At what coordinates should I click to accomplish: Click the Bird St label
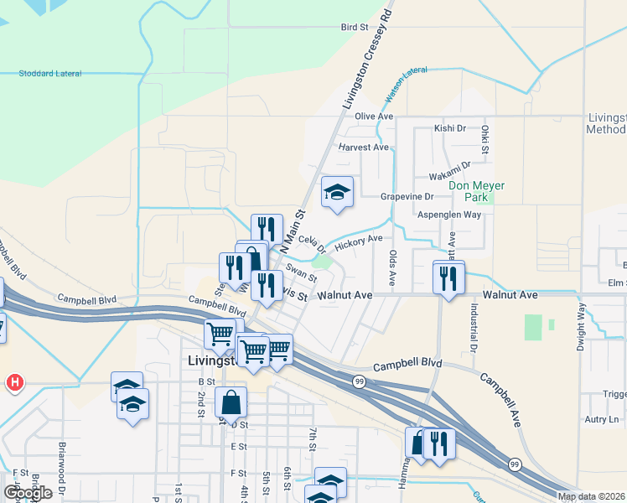(x=355, y=28)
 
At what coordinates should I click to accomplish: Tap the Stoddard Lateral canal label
(x=50, y=74)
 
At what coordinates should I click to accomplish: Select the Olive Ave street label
(x=374, y=116)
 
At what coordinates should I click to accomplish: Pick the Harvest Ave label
(x=364, y=147)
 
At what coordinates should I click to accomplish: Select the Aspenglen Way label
(x=449, y=215)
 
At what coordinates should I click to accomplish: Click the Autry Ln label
(x=601, y=419)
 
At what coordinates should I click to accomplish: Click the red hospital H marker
(x=13, y=384)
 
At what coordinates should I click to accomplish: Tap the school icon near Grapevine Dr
(x=337, y=192)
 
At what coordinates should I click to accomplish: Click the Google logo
(x=28, y=493)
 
